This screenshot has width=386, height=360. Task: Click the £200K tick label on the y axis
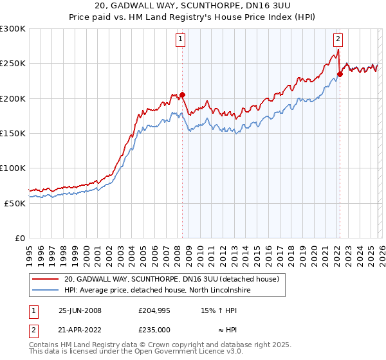coord(12,98)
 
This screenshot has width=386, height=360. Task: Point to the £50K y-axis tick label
coord(14,203)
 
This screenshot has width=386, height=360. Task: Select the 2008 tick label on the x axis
coord(177,251)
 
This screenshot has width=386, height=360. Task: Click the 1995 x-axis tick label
coord(30,251)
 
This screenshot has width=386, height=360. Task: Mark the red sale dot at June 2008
coord(182,95)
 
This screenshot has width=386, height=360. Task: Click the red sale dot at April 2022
coord(340,74)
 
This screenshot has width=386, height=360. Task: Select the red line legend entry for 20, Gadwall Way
coord(170,280)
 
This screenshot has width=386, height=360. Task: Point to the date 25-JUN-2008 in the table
coord(80,310)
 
